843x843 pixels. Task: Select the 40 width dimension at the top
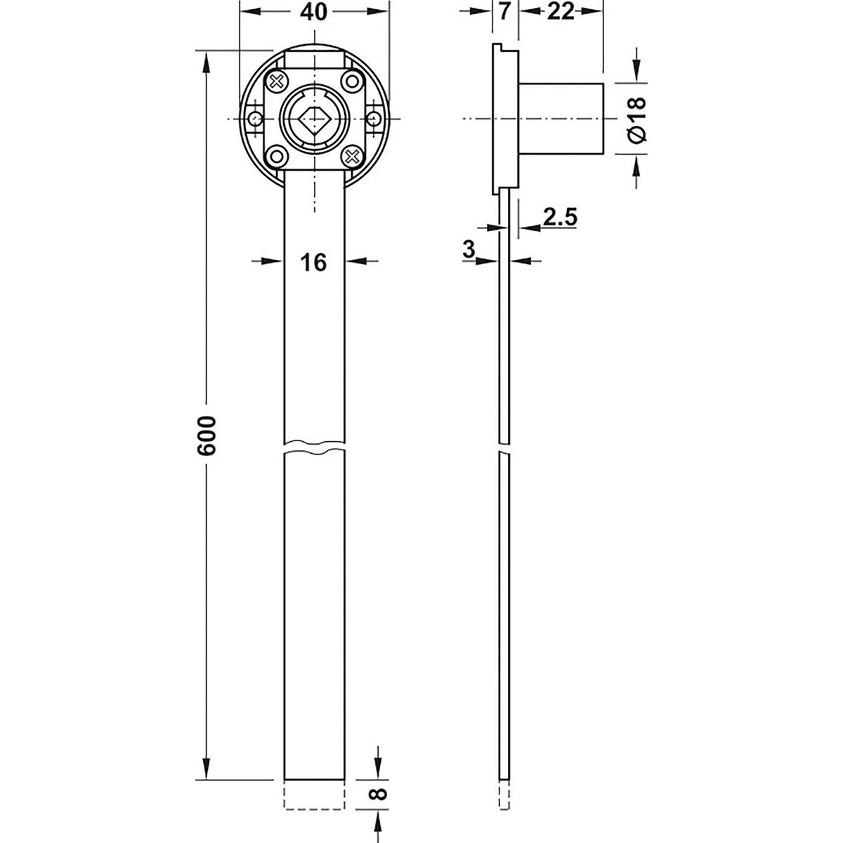314,13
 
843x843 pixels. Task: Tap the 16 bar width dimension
313,262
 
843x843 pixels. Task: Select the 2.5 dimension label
560,218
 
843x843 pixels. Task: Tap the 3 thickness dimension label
469,249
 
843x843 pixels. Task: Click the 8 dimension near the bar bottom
378,795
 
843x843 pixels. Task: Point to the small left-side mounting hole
254,119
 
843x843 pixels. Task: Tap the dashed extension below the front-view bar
315,795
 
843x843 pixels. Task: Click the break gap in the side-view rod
504,448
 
